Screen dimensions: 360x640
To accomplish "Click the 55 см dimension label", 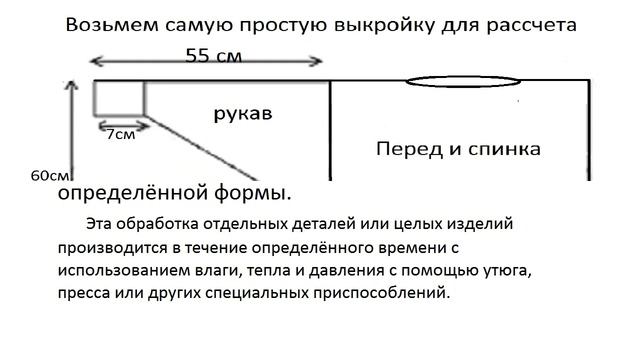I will pyautogui.click(x=214, y=57).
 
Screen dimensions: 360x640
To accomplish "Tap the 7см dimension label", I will pyautogui.click(x=120, y=134).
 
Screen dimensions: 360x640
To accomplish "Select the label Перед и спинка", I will pyautogui.click(x=458, y=149).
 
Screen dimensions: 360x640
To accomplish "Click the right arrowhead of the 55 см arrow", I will pyautogui.click(x=319, y=62).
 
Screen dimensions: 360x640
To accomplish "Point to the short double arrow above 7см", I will pyautogui.click(x=118, y=125).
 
